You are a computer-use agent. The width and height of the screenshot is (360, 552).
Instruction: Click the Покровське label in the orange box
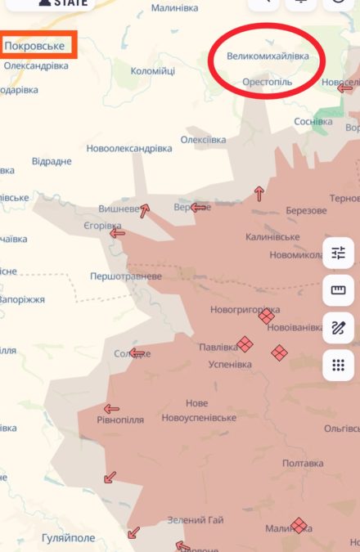[35, 46]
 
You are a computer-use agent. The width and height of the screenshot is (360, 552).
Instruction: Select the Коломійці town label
[153, 71]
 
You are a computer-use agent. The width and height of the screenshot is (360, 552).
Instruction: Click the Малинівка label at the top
[174, 7]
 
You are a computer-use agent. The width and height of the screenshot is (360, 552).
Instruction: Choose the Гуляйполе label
[70, 537]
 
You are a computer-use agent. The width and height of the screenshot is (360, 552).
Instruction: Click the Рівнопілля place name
[120, 420]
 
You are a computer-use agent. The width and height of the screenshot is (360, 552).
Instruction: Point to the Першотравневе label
[126, 276]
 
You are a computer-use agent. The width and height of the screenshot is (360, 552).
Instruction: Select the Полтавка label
[303, 463]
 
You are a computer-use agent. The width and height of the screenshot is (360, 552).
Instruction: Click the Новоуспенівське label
[199, 417]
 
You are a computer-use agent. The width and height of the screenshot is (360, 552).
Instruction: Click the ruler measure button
[338, 289]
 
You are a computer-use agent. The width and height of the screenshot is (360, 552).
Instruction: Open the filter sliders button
[338, 253]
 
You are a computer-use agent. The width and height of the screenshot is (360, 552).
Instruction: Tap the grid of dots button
[338, 365]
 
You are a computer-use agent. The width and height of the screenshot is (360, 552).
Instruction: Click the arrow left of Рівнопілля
[111, 409]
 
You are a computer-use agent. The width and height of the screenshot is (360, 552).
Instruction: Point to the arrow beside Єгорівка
[117, 233]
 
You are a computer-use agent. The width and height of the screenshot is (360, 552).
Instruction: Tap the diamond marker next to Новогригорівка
[266, 316]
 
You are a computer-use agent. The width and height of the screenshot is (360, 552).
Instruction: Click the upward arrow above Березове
[259, 194]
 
